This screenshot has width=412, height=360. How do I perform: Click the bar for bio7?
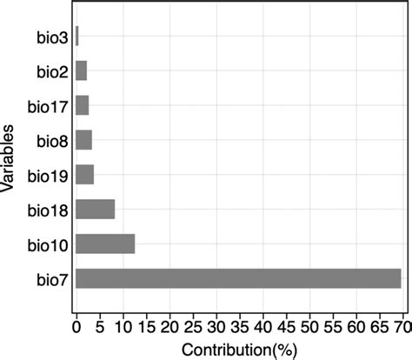click(238, 278)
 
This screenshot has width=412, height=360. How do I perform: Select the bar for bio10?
click(105, 243)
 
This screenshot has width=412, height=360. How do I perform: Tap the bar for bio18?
click(96, 210)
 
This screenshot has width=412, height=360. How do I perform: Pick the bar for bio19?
click(84, 174)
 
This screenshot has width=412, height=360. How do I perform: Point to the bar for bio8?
click(83, 140)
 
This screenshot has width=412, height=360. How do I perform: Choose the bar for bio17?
click(83, 105)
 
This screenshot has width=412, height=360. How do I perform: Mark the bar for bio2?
click(81, 70)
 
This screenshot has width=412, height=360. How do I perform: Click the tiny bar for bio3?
click(77, 36)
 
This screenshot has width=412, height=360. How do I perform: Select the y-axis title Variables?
click(8, 161)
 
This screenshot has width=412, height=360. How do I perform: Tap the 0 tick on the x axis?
click(76, 328)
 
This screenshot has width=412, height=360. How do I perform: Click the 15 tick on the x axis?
click(146, 328)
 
